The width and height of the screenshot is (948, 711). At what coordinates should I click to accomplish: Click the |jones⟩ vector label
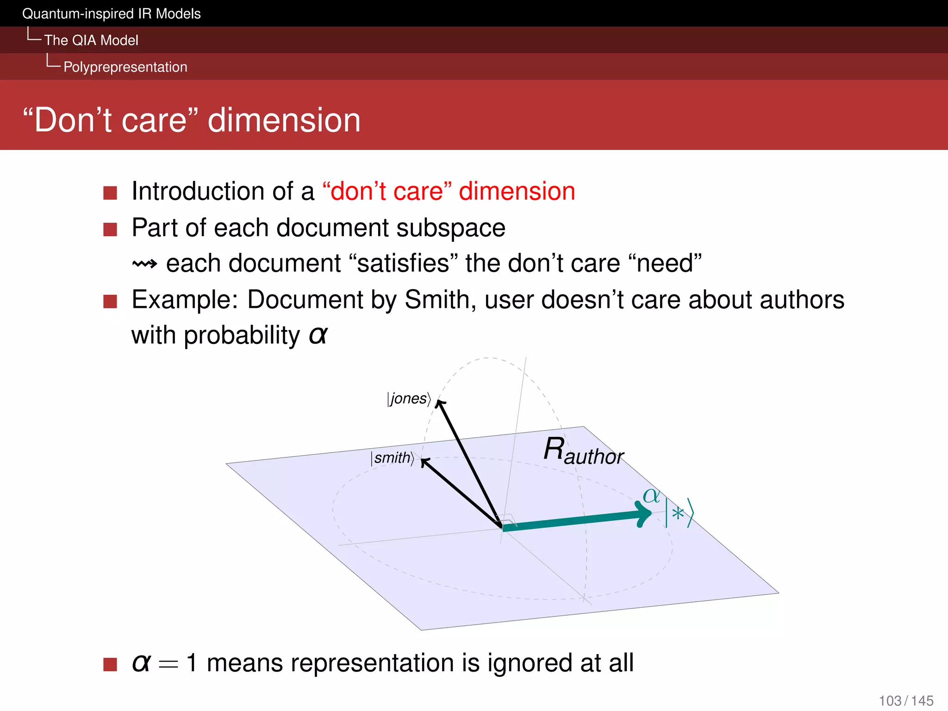click(409, 399)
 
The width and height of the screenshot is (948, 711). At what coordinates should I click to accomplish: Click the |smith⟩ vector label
click(393, 458)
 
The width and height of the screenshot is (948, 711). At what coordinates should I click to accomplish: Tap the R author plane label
click(583, 451)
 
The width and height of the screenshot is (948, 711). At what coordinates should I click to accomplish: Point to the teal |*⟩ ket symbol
click(679, 513)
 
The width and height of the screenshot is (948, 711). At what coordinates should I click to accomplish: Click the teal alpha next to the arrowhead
click(651, 496)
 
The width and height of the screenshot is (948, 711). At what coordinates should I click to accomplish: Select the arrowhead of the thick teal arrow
click(644, 514)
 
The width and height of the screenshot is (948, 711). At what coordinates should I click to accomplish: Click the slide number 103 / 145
click(906, 700)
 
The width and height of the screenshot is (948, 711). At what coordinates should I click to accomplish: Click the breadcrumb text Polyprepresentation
click(125, 67)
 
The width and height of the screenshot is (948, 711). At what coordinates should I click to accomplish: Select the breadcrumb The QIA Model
click(91, 40)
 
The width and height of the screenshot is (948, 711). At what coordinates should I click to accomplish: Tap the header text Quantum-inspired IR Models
click(111, 14)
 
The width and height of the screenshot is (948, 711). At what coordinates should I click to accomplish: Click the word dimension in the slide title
click(284, 120)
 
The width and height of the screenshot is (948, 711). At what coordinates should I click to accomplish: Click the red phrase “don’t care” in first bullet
click(387, 191)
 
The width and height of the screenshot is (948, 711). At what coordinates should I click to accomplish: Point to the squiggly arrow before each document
click(144, 264)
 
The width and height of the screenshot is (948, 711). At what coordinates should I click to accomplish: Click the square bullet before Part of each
click(110, 229)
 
